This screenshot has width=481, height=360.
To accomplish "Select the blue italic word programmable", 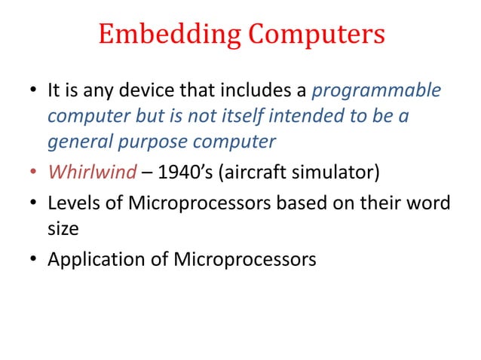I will coord(375,92).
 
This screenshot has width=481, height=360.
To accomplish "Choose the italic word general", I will coord(77,142).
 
